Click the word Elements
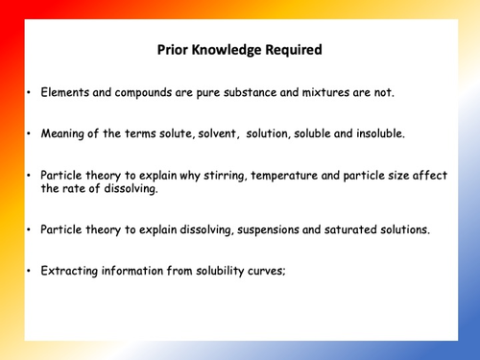click(65, 93)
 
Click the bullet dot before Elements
click(30, 94)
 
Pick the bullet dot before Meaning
click(30, 134)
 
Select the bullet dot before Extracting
click(30, 272)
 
